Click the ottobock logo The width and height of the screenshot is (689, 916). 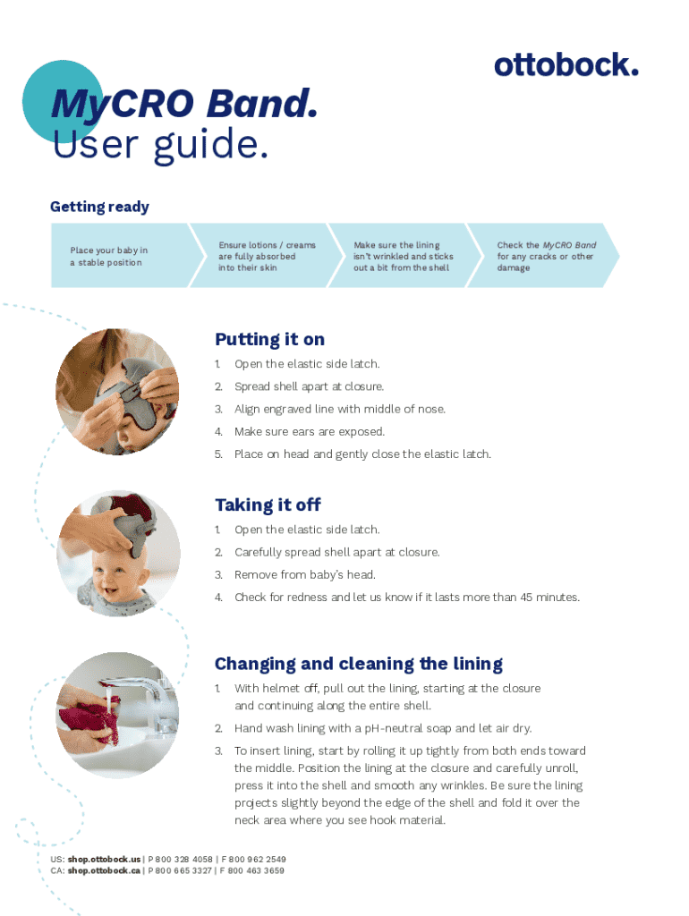coord(566,64)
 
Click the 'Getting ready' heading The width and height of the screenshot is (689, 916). coord(99,207)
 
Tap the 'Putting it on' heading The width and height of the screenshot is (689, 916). coord(269,339)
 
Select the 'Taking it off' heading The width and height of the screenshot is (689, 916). coord(268,505)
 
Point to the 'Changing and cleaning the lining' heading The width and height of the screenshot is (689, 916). coord(358,665)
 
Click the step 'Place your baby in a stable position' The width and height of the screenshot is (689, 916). coord(108,257)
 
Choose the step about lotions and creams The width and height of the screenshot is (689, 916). coord(267,257)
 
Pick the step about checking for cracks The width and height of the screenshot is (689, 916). coord(547,257)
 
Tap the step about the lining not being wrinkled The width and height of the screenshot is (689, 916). coord(404,257)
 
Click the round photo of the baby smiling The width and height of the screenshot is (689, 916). coord(118,554)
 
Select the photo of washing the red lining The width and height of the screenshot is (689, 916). coord(117,715)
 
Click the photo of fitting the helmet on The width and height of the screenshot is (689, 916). coord(117,392)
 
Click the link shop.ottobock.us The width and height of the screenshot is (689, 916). coord(104,860)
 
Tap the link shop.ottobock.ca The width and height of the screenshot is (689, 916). coord(104,870)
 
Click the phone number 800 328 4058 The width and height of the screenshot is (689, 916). coord(184,860)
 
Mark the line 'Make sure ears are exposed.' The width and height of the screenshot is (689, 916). coord(310,432)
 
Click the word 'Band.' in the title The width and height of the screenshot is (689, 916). coord(262,104)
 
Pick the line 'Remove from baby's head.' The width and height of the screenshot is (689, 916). coord(305,575)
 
